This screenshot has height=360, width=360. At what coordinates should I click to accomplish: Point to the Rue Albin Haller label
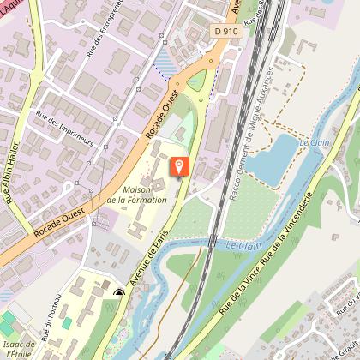pos(14,184)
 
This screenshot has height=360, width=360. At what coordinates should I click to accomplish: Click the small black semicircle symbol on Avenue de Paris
pos(119,293)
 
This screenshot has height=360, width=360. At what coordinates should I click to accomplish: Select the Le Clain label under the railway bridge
pos(245,246)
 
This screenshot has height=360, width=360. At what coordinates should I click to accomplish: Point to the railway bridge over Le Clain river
pos(211,243)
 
